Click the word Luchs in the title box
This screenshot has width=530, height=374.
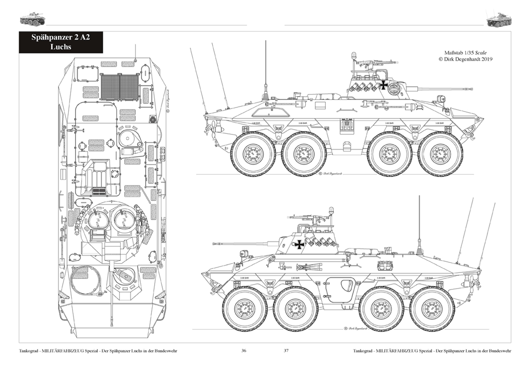(x=61, y=46)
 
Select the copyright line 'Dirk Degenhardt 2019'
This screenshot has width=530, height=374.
(x=468, y=59)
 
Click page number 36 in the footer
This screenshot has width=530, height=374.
(x=244, y=350)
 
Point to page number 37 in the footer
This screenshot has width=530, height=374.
(x=286, y=350)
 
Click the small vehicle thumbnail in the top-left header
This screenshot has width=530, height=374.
(x=32, y=18)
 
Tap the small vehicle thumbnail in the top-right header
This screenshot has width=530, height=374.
(x=498, y=19)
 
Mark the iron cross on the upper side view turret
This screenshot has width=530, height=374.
(x=384, y=85)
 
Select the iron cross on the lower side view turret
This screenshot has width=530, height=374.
(x=299, y=244)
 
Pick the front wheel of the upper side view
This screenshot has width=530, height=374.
(x=440, y=154)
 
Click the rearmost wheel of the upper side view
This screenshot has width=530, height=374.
(x=253, y=154)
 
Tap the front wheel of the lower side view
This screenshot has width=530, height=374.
(x=245, y=308)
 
